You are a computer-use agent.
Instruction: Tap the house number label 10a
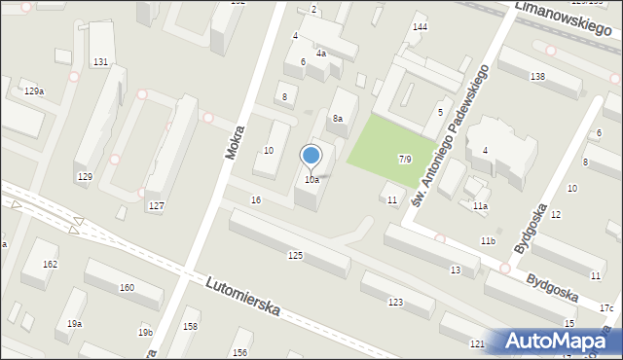coord(311,180)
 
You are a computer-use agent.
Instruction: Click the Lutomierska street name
coord(243,296)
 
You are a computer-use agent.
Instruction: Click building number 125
coord(295,255)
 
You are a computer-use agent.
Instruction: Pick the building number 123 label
coord(395,303)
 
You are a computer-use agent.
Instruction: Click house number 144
coord(420,27)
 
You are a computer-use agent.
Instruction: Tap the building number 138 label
coord(537,76)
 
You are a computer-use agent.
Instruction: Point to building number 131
coord(100,62)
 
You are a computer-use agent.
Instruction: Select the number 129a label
coord(34,90)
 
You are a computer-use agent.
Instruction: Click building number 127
coord(156,205)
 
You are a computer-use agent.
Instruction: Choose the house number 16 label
coord(256,199)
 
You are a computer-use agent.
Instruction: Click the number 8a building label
coord(338,119)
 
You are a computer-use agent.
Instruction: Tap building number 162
coord(50,265)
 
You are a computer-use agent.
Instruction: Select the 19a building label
coord(75,323)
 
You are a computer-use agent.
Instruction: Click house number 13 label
coord(456,270)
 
